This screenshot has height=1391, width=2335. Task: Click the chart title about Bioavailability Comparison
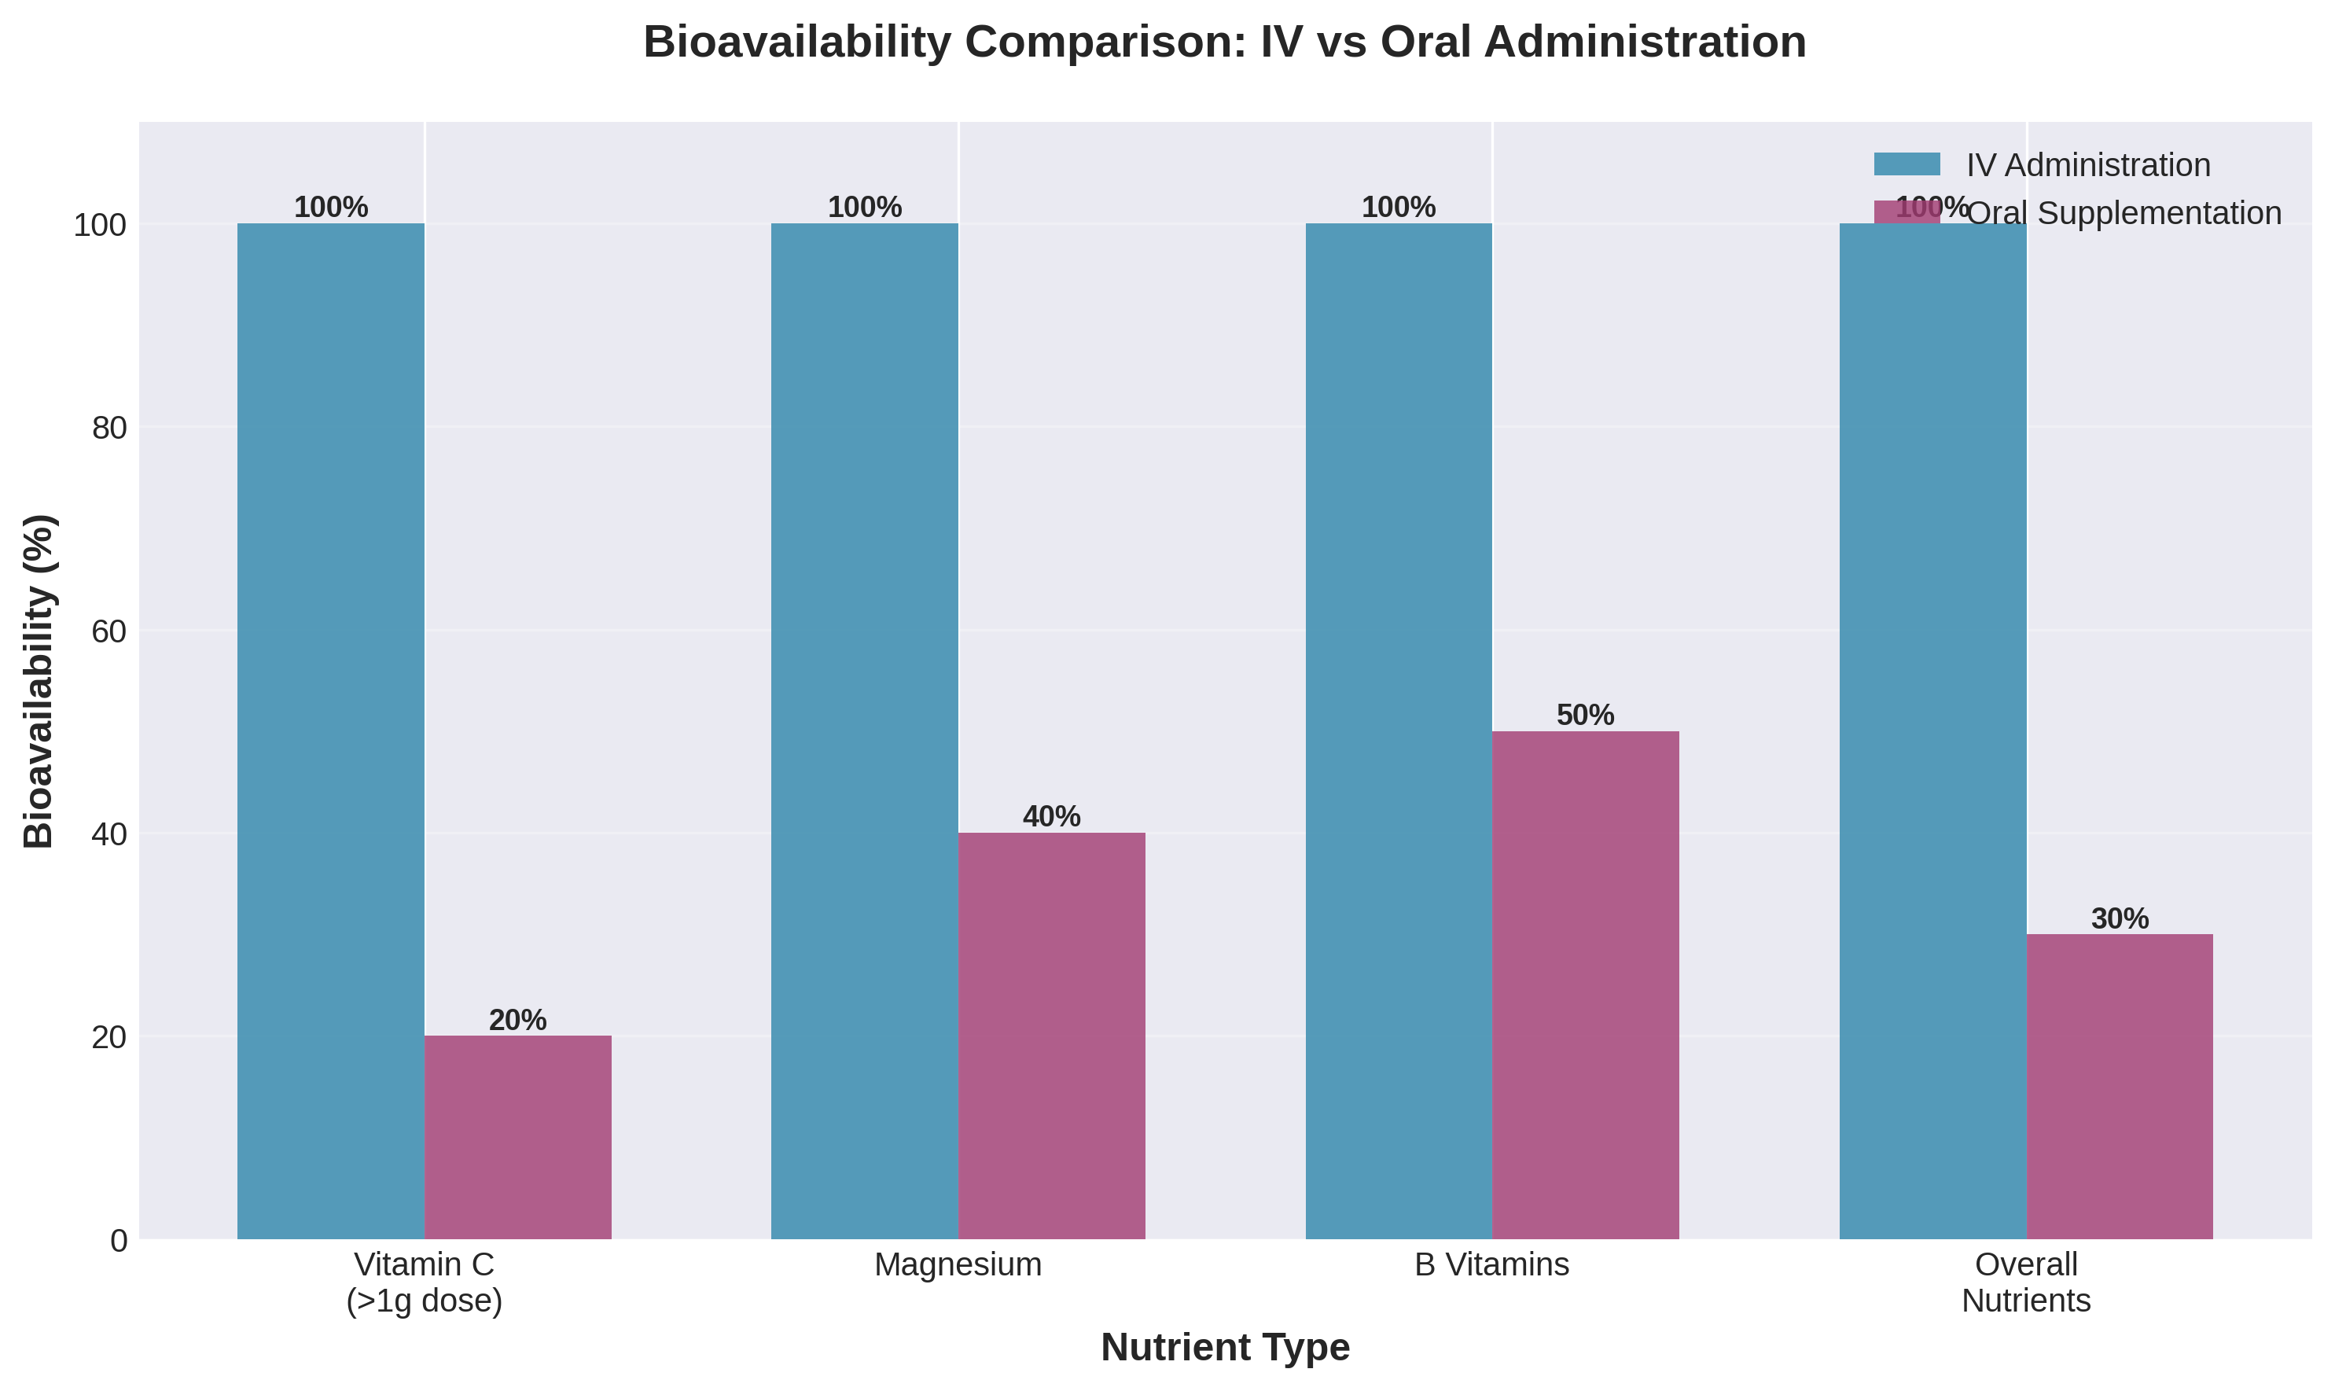click(x=1224, y=42)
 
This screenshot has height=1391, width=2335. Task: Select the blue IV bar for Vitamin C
click(x=331, y=730)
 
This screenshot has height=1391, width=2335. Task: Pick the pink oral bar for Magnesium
click(x=1051, y=1035)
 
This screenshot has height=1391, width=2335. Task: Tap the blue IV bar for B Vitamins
click(x=1398, y=730)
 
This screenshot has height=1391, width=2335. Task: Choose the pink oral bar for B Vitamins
click(x=1586, y=984)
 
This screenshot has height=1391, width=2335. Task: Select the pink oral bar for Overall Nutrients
click(x=2120, y=1087)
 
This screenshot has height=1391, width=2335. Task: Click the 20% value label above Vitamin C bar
click(x=517, y=1020)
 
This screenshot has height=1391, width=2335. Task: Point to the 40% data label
click(x=1051, y=816)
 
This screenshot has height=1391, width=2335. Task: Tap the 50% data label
click(x=1586, y=716)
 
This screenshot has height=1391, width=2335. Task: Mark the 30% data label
click(x=2120, y=918)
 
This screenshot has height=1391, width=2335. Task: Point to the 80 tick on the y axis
click(x=109, y=429)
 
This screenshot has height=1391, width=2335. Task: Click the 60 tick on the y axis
click(x=109, y=631)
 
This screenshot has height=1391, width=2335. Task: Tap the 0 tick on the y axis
click(x=119, y=1241)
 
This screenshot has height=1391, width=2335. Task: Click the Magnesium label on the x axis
click(x=958, y=1265)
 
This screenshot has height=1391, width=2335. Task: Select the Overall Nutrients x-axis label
click(x=2026, y=1283)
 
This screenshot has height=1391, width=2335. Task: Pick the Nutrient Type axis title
click(x=1225, y=1348)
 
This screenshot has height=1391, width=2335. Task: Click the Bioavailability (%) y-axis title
click(x=39, y=682)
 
